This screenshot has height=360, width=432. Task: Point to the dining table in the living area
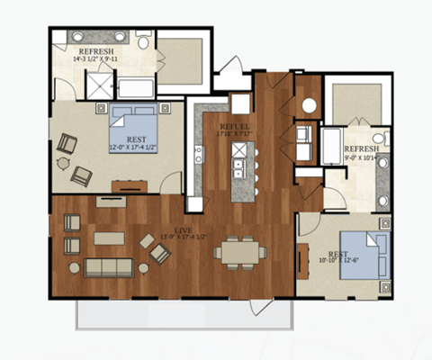238,252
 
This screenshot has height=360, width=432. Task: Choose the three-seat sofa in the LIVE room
108,267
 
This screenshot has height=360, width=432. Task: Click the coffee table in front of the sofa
109,238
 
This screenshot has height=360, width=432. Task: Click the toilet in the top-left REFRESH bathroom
144,40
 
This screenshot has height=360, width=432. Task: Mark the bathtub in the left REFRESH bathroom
137,88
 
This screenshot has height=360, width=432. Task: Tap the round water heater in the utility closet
309,105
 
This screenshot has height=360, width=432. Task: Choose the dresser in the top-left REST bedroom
130,186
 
